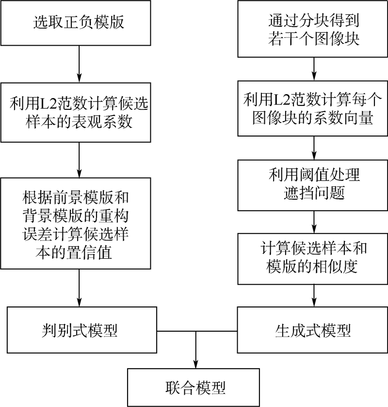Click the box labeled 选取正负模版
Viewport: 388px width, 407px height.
coord(79,22)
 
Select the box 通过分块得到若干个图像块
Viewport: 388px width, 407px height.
coord(313,30)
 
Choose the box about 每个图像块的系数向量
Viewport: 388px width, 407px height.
coord(313,110)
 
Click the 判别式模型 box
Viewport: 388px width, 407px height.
coord(79,331)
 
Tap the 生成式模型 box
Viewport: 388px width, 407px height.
coord(313,331)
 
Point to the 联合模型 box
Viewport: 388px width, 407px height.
coord(195,388)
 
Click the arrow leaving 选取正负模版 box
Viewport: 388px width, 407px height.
coord(79,63)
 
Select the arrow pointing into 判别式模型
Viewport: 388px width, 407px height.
coord(79,289)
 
